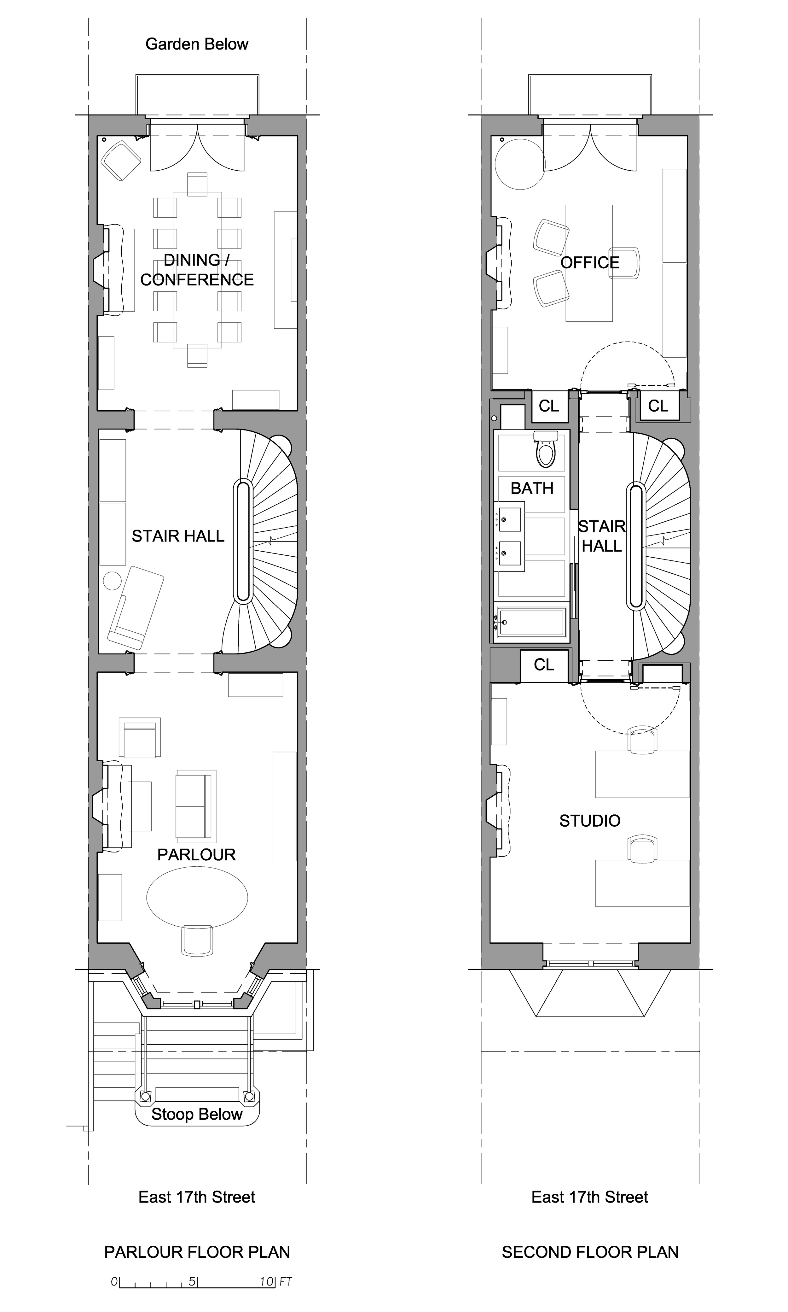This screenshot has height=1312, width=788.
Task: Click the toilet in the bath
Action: [545, 449]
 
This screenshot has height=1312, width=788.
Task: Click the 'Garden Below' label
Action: [197, 44]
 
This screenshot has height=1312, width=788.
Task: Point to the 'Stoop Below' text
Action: [197, 1114]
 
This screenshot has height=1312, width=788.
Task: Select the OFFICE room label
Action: [590, 262]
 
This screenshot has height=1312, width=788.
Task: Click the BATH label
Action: [532, 488]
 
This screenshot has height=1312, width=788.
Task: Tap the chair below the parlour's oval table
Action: [197, 941]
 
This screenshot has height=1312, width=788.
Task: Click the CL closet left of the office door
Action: [549, 406]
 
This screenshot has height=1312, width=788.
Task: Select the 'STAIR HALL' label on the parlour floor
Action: [178, 536]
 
